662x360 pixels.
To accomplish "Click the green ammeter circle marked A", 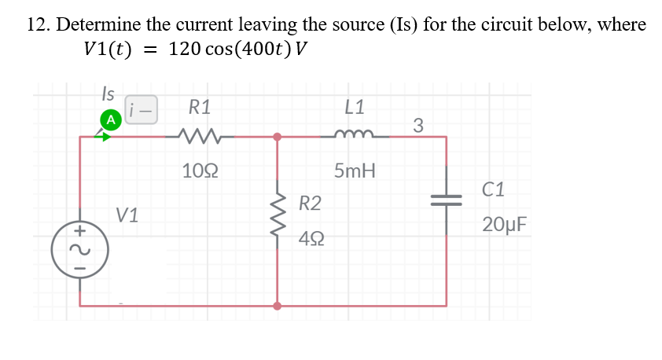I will coord(111,119).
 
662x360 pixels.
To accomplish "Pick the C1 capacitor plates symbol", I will coord(447,200).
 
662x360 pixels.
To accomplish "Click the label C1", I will coord(495,189).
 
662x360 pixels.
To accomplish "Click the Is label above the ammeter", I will coord(108,94).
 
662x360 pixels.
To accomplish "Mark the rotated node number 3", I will coord(418,124).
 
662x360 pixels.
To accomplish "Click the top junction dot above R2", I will coord(277,137).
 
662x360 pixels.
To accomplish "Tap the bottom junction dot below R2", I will coord(277,306).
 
